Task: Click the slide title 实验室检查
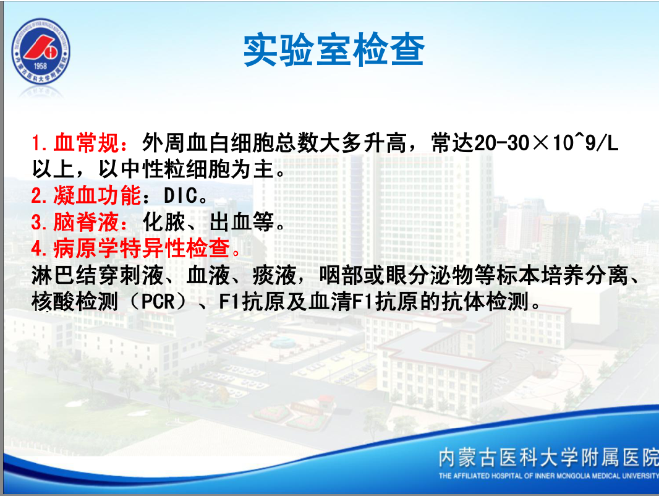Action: point(334,50)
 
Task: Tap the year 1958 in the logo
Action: point(40,66)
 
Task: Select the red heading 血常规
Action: point(86,143)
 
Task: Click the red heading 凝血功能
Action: point(97,195)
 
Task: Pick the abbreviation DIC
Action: point(181,196)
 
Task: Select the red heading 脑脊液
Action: point(86,222)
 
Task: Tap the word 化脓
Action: point(163,222)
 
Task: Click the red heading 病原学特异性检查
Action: point(141,249)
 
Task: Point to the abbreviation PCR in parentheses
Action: point(158,301)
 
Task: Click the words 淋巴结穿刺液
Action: point(97,275)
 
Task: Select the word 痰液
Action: point(274,275)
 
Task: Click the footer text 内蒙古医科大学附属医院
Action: point(548,457)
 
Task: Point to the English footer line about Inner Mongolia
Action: point(548,476)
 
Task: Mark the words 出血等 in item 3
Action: point(242,222)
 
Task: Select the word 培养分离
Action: point(585,275)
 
